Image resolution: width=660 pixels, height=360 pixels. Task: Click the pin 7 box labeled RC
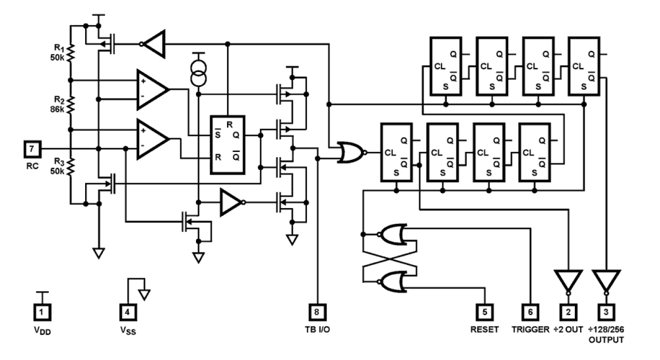tap(33, 149)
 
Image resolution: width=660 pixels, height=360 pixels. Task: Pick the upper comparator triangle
tap(151, 89)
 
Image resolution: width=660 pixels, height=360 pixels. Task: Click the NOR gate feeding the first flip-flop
tap(351, 152)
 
